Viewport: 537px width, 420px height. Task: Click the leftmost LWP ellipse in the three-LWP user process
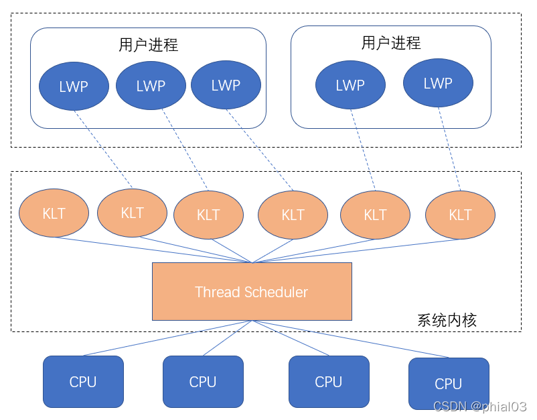tap(74, 87)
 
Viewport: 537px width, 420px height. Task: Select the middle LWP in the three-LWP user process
tap(151, 85)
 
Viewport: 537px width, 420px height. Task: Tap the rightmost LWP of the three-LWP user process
tap(226, 85)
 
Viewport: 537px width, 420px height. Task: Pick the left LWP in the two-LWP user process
tap(350, 85)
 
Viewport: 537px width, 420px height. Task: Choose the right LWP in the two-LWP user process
tap(438, 83)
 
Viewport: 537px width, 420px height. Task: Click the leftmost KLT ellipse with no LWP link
tap(54, 213)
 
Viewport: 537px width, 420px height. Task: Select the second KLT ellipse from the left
tap(132, 213)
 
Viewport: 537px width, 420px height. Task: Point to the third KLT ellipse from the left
tap(208, 215)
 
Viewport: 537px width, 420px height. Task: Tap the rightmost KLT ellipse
tap(460, 215)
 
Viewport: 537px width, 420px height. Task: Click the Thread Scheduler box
tap(252, 292)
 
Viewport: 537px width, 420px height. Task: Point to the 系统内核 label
tap(447, 320)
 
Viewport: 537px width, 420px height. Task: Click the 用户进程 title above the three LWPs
tap(148, 45)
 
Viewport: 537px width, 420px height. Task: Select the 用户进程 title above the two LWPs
tap(391, 43)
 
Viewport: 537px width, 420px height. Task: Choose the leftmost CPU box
tap(83, 382)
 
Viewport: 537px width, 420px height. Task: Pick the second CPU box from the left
tap(203, 382)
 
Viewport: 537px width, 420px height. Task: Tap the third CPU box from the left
tap(329, 382)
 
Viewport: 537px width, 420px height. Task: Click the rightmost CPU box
tap(449, 384)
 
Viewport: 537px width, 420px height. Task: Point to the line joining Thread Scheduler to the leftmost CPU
tap(167, 338)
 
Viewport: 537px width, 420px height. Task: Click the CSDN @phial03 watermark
tap(479, 407)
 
